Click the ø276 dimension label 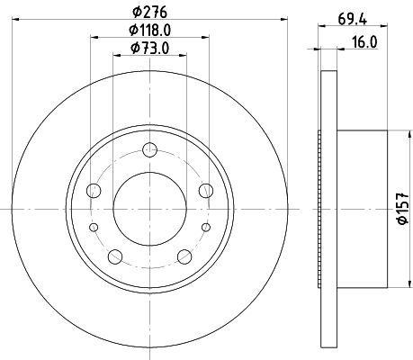coord(149,13)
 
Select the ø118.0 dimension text coord(150,30)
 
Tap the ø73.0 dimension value coord(149,48)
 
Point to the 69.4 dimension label coord(353,20)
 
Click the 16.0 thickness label coord(364,42)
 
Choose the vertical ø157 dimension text coord(403,209)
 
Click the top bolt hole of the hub coord(149,149)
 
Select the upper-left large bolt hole coord(94,191)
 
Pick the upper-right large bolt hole coord(206,191)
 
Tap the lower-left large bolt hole coord(115,256)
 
